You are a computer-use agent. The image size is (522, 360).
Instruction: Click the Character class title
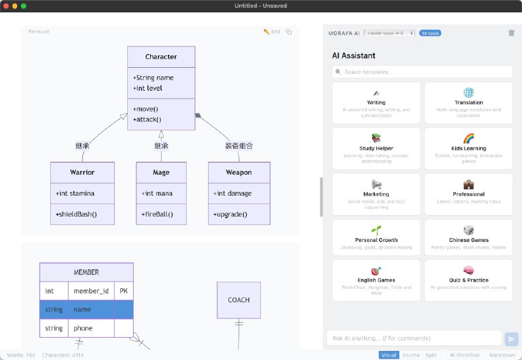[161, 57]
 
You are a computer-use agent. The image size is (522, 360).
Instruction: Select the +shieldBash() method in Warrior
[76, 214]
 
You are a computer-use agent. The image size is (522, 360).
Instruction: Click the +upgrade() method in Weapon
[230, 214]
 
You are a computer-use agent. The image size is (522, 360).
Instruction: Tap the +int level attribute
[147, 88]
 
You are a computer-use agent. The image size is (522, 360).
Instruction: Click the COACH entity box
[238, 300]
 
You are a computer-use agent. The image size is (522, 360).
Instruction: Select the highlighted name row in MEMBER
[86, 309]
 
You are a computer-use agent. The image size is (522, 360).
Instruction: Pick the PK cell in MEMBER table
[123, 290]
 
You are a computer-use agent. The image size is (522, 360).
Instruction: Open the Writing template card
[376, 102]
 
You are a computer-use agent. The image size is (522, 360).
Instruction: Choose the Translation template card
[468, 102]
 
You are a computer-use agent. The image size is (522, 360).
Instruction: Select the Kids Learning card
[468, 147]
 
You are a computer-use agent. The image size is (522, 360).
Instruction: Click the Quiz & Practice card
[468, 279]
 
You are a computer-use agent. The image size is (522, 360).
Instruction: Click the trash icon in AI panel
[511, 33]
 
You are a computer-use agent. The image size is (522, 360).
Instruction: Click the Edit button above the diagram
[272, 31]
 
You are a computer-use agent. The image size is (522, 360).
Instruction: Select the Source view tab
[410, 355]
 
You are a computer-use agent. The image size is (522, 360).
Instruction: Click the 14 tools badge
[429, 33]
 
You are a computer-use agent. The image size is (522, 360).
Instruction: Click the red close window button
[6, 6]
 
